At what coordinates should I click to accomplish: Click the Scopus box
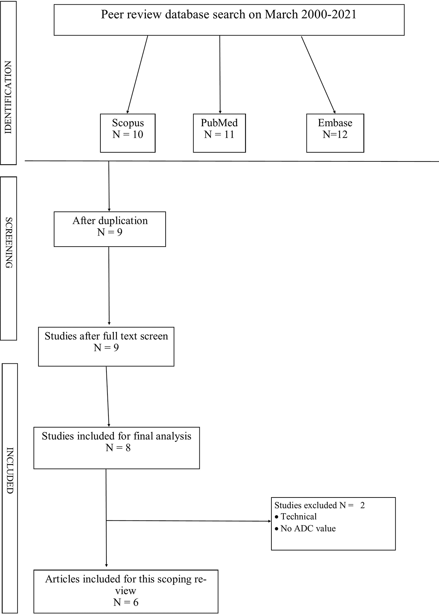128,133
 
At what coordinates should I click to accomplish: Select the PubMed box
219,133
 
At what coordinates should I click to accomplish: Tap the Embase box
335,133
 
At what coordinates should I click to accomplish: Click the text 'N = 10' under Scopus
128,134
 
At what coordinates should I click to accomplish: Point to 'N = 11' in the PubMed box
219,134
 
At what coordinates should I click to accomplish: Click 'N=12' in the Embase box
335,134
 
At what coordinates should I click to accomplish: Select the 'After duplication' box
110,229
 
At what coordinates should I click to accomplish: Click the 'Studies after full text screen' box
106,347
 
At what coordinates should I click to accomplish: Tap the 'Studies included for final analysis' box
117,448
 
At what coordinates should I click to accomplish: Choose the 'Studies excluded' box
333,524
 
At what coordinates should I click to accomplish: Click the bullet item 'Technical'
295,517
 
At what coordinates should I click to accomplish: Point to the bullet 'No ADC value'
305,528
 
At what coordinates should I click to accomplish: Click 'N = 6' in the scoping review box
126,602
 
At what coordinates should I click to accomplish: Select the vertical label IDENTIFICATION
8,97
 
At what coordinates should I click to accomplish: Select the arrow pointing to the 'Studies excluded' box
189,521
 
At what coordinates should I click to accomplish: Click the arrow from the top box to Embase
318,75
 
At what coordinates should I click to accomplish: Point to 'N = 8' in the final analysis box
118,448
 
